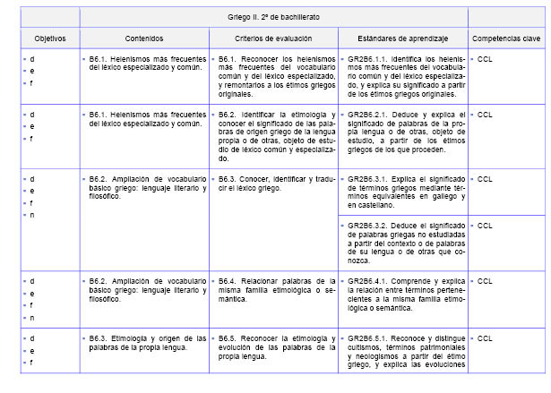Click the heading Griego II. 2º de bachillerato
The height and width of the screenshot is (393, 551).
[x=273, y=17]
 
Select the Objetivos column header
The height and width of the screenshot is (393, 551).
[x=44, y=39]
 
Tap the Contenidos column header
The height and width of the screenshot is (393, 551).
[x=144, y=39]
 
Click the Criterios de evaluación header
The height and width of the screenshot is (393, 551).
[x=273, y=39]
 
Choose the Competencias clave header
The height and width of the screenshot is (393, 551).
[x=506, y=39]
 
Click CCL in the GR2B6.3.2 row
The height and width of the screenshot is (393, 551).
[x=486, y=226]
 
